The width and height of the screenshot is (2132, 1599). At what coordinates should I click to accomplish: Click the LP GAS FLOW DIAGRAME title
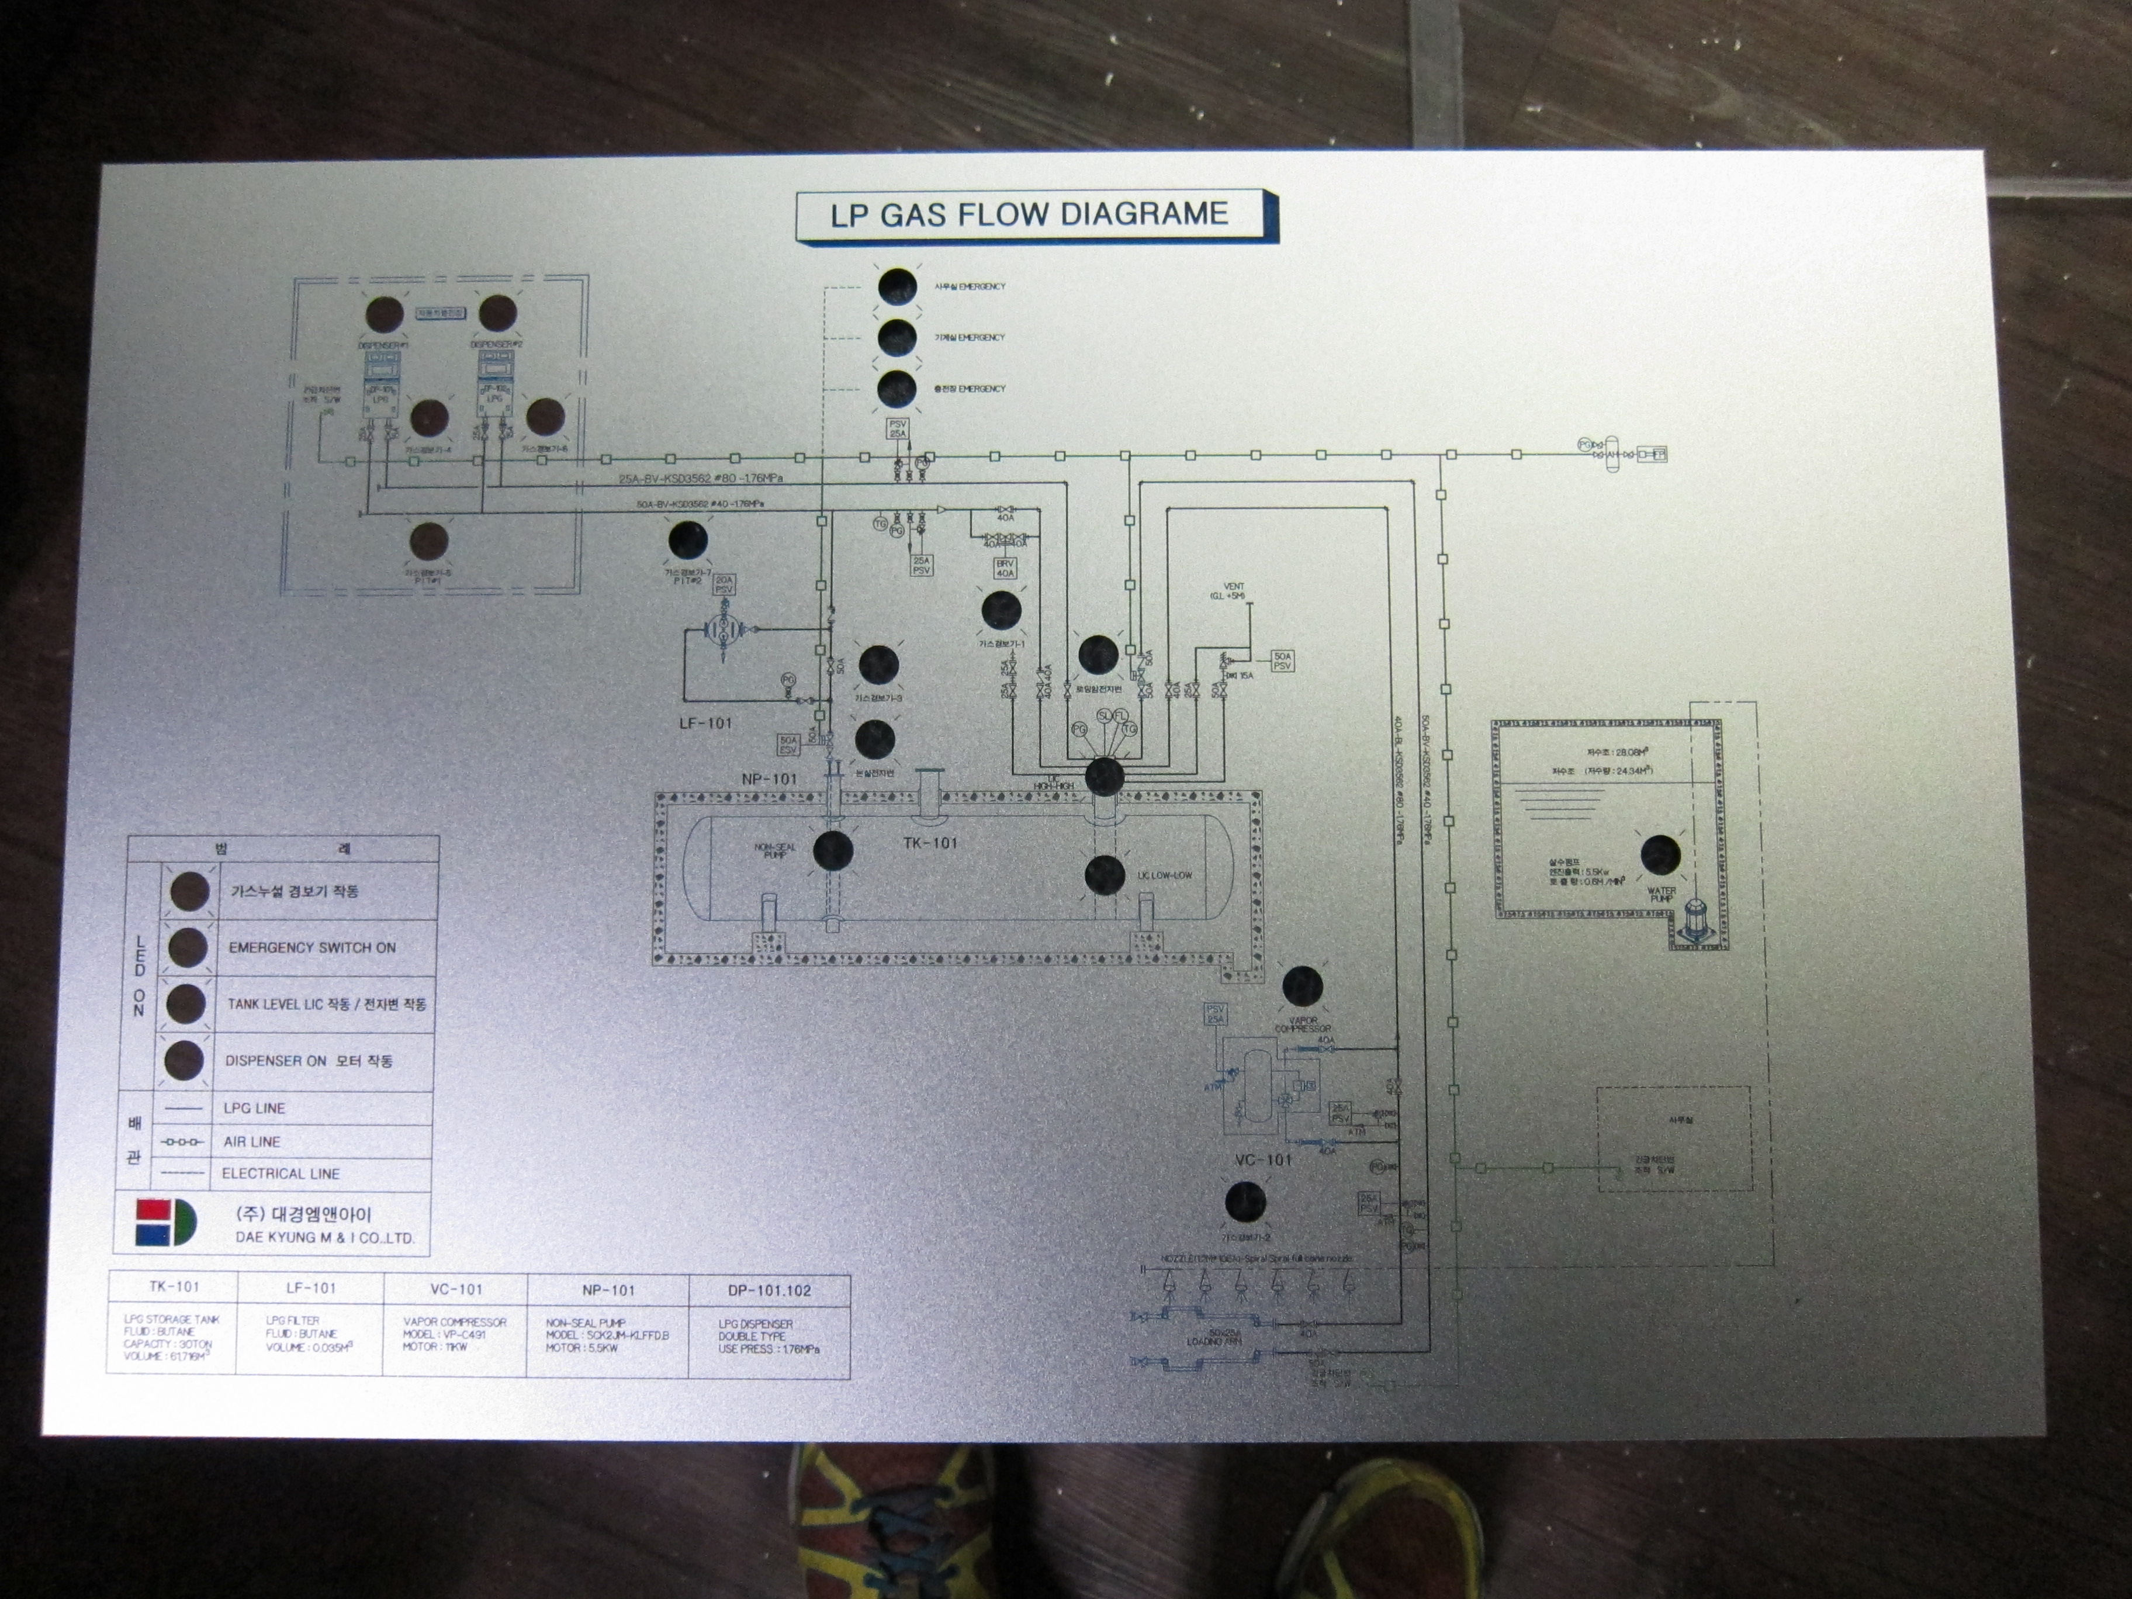point(1029,214)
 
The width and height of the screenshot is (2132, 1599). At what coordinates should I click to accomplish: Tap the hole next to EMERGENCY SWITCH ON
point(187,947)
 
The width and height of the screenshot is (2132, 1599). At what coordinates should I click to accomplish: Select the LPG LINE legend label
point(254,1109)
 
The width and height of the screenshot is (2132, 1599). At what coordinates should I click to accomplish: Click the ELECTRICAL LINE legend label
point(281,1174)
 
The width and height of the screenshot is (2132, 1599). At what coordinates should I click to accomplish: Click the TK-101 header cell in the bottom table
point(175,1287)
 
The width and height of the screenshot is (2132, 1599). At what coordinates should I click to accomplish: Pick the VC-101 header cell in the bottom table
point(456,1289)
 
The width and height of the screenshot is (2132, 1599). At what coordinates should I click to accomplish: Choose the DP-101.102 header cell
point(769,1290)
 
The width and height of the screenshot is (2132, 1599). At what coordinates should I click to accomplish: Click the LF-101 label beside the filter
point(705,723)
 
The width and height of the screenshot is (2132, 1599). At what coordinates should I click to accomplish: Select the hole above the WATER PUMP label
point(1660,854)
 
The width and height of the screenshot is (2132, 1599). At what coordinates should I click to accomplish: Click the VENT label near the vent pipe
point(1234,586)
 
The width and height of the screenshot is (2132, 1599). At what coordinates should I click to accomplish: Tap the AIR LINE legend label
point(251,1142)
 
